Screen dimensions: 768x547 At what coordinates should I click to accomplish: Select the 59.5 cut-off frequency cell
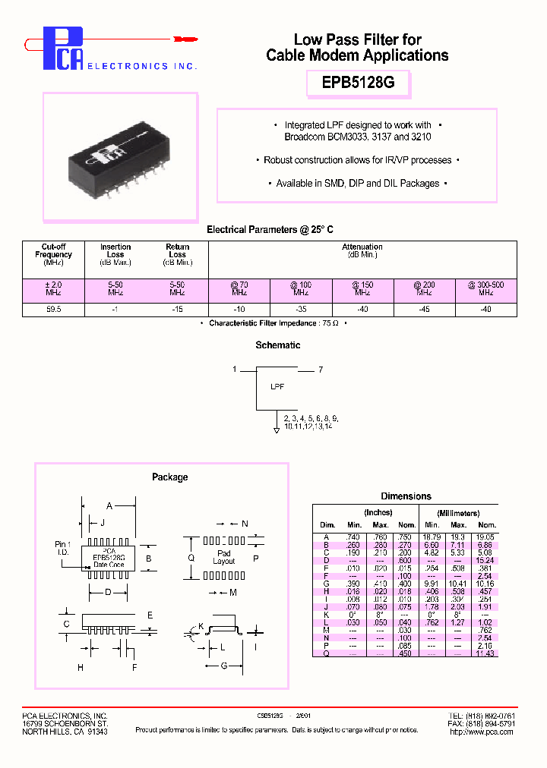[53, 309]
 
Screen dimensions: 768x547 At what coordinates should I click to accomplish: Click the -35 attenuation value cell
[300, 309]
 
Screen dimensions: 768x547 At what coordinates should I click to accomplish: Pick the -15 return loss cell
[177, 309]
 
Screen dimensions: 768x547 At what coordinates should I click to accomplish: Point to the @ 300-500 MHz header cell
[486, 288]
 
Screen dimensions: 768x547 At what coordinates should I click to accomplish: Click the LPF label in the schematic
[277, 387]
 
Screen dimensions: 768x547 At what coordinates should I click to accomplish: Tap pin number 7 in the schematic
[321, 370]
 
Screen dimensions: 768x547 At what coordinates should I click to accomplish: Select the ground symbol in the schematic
[276, 430]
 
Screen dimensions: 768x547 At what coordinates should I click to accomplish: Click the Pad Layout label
[223, 558]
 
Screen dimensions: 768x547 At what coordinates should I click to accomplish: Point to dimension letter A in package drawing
[109, 505]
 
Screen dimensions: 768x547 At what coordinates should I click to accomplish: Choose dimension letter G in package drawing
[224, 666]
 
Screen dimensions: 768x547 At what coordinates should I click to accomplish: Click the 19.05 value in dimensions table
[486, 537]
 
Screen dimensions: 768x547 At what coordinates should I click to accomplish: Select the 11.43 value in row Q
[486, 653]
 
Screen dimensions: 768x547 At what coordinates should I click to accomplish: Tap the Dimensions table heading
[406, 496]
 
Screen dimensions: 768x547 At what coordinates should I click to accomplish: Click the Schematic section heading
[278, 345]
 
